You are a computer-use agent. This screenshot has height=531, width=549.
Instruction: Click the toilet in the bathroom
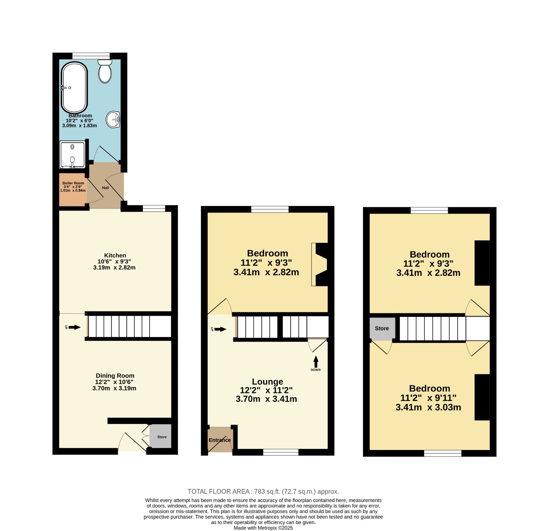(x=105, y=71)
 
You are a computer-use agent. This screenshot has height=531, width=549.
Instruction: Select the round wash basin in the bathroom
(x=113, y=119)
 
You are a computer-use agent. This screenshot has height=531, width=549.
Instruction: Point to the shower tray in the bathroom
(x=72, y=155)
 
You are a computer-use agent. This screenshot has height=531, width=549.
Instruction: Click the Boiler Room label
(x=73, y=183)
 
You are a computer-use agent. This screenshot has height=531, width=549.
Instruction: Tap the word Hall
(x=105, y=188)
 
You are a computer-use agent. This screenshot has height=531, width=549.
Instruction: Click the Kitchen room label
(x=115, y=255)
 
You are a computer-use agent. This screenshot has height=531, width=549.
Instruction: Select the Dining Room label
(x=115, y=376)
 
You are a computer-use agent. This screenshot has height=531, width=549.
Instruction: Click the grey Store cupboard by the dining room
(x=161, y=436)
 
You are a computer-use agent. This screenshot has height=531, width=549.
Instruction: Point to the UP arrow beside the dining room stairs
(x=74, y=327)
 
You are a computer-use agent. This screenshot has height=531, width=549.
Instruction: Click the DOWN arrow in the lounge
(x=316, y=362)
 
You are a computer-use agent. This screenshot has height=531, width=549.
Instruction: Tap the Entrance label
(x=220, y=440)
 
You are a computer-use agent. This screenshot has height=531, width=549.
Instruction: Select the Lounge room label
(x=267, y=381)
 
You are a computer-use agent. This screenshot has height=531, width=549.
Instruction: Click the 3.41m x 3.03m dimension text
(x=428, y=407)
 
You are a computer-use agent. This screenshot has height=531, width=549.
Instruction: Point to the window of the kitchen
(x=154, y=208)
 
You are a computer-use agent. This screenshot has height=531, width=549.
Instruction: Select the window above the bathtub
(x=91, y=56)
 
